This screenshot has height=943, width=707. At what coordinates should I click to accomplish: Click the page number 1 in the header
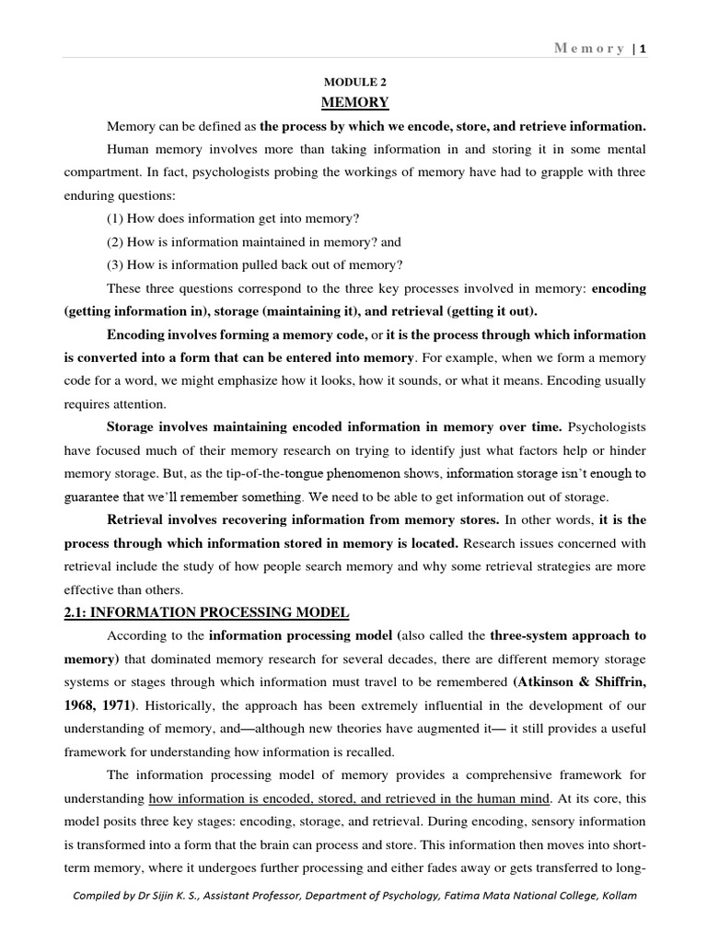pyautogui.click(x=643, y=49)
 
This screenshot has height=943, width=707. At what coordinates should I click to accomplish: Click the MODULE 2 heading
pyautogui.click(x=353, y=82)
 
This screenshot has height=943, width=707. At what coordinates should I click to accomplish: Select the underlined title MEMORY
pyautogui.click(x=353, y=102)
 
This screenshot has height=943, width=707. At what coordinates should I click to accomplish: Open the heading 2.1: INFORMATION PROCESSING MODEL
pyautogui.click(x=206, y=612)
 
